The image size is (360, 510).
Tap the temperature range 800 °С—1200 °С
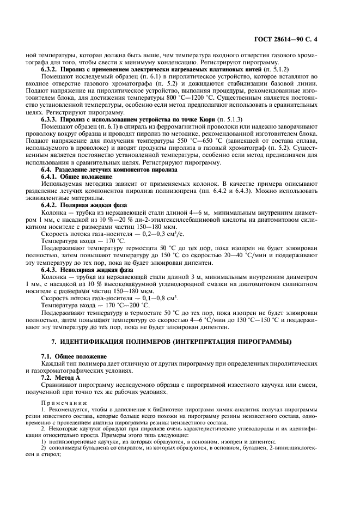point(180,98)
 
